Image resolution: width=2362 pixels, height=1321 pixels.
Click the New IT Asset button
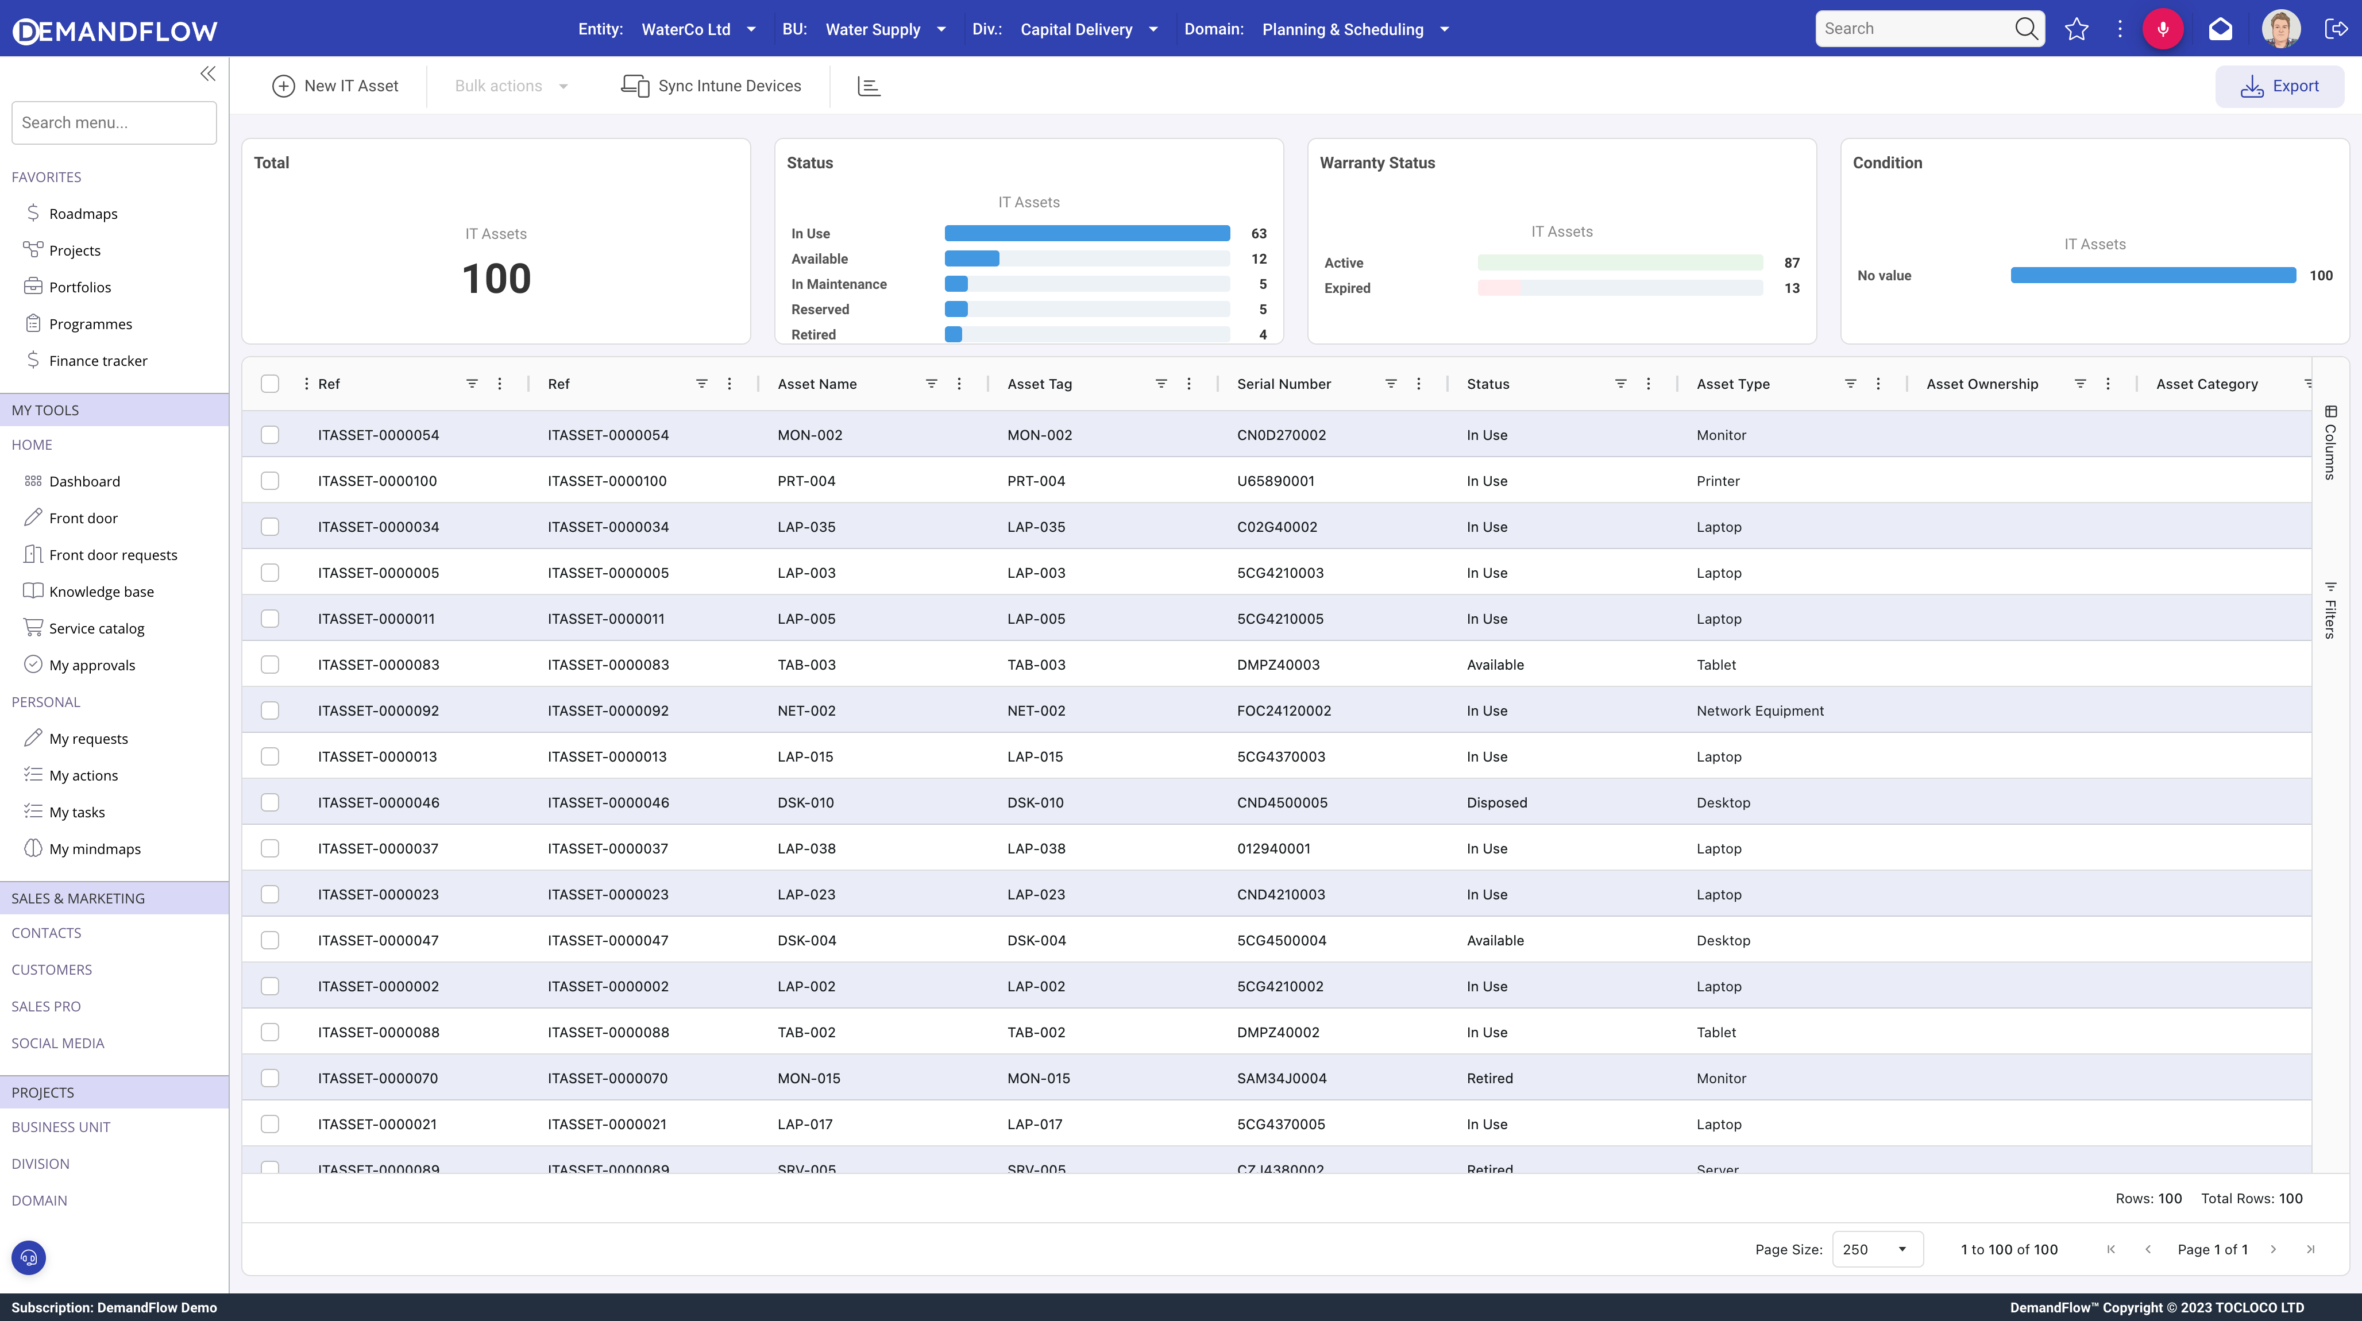(x=335, y=86)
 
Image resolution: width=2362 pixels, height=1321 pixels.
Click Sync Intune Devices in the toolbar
(x=712, y=86)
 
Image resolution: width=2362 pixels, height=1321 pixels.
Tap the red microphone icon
(x=2162, y=29)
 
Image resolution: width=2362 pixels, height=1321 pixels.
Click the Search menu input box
(x=114, y=123)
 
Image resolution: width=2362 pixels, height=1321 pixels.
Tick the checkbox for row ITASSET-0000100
(x=269, y=481)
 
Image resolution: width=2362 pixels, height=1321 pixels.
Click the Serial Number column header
(x=1284, y=384)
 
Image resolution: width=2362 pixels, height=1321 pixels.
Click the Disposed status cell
(x=1496, y=803)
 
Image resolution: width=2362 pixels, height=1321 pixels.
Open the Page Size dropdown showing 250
(x=1876, y=1250)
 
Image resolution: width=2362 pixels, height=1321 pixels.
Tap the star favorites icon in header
(x=2076, y=29)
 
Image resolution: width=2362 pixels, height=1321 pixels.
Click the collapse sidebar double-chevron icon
(x=208, y=74)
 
